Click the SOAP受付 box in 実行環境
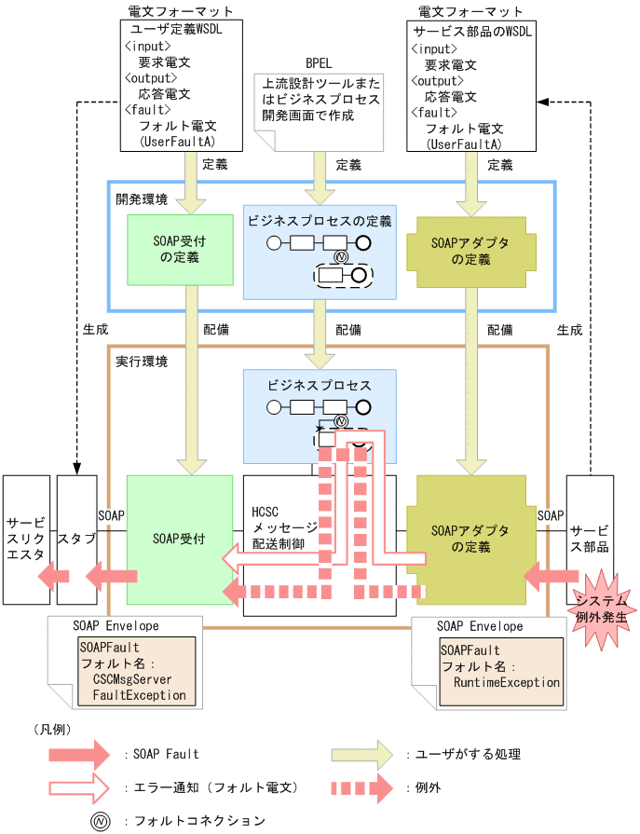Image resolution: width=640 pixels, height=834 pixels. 179,539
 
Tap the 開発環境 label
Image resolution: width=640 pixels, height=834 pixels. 142,199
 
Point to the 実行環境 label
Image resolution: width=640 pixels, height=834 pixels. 142,361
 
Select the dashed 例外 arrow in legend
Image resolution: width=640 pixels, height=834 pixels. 362,787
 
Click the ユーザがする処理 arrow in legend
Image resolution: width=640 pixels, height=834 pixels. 362,754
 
